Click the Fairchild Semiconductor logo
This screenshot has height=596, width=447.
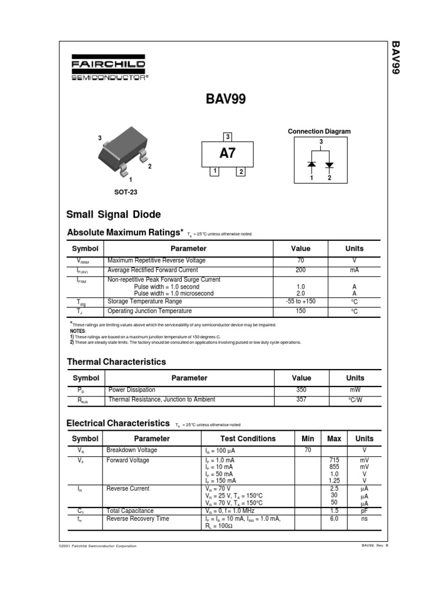(x=108, y=69)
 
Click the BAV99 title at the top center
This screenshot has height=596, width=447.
(x=226, y=100)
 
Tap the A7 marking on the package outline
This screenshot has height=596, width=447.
(x=228, y=154)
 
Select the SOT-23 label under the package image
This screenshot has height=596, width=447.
(x=126, y=192)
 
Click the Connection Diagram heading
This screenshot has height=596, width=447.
(x=319, y=132)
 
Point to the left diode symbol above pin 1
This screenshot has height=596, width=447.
(x=311, y=165)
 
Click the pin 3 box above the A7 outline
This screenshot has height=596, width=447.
(x=228, y=137)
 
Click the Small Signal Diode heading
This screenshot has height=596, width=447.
(x=113, y=215)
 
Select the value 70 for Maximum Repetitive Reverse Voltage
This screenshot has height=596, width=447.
(x=300, y=261)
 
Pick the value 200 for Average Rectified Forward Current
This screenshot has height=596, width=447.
(x=300, y=271)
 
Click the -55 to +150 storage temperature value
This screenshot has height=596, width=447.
(x=300, y=301)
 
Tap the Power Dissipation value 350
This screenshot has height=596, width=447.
(x=301, y=390)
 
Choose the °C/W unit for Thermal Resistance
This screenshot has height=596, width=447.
(x=354, y=400)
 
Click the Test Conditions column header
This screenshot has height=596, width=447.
(x=248, y=439)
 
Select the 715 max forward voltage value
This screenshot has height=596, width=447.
(x=334, y=460)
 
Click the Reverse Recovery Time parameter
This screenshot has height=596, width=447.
(x=137, y=519)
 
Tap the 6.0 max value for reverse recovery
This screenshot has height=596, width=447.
(x=334, y=519)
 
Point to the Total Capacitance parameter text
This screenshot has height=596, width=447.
(x=130, y=510)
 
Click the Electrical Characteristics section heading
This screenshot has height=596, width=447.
(x=118, y=423)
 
